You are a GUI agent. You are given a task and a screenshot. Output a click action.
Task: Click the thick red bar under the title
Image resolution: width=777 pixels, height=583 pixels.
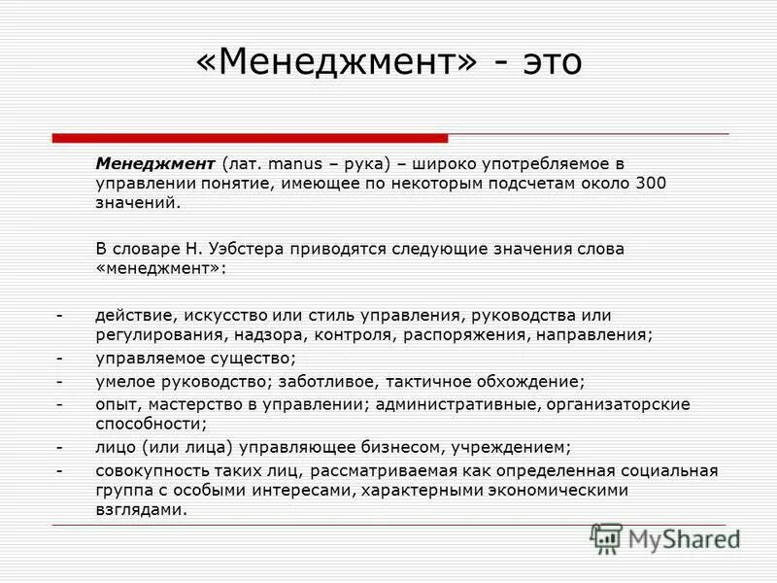coord(250,139)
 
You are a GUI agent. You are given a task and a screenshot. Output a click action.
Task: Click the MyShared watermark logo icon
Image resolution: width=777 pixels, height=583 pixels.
coord(607,537)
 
